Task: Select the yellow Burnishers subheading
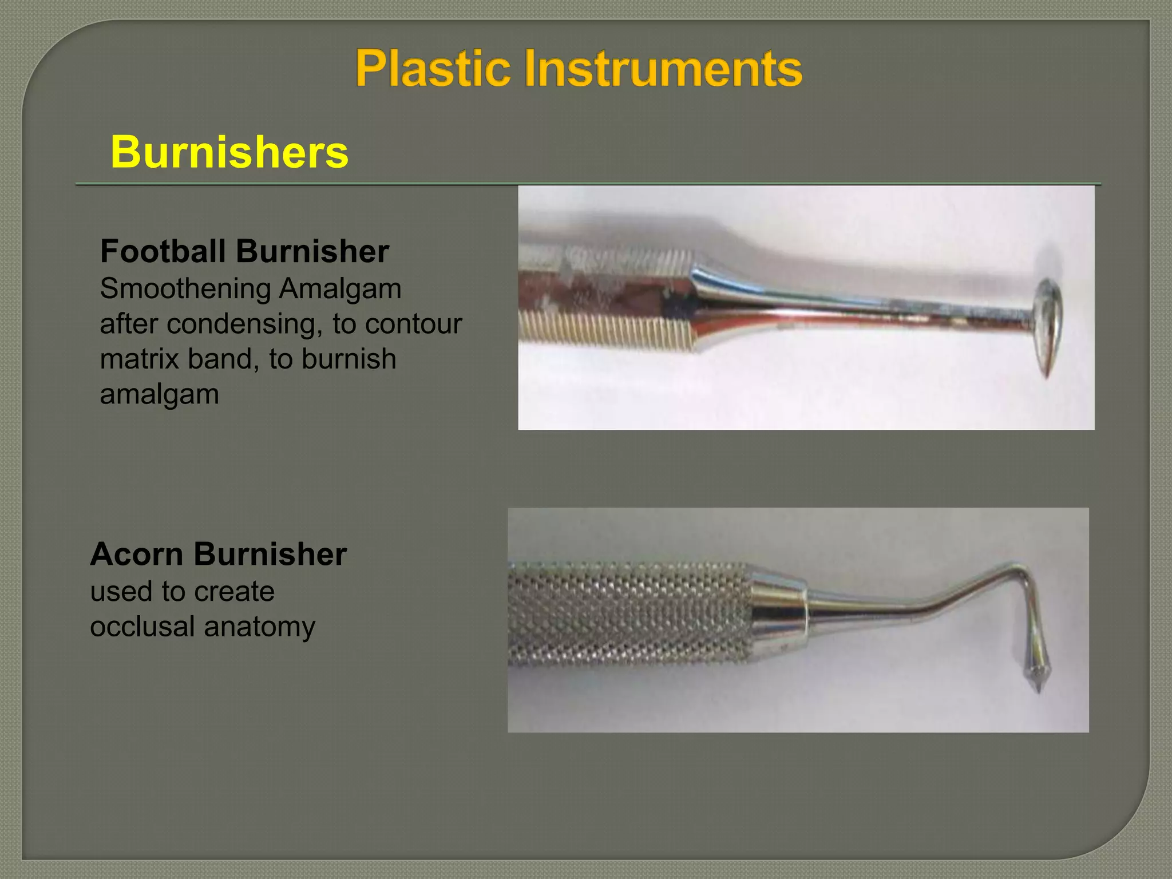(229, 152)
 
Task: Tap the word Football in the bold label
(163, 251)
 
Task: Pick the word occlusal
(142, 627)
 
